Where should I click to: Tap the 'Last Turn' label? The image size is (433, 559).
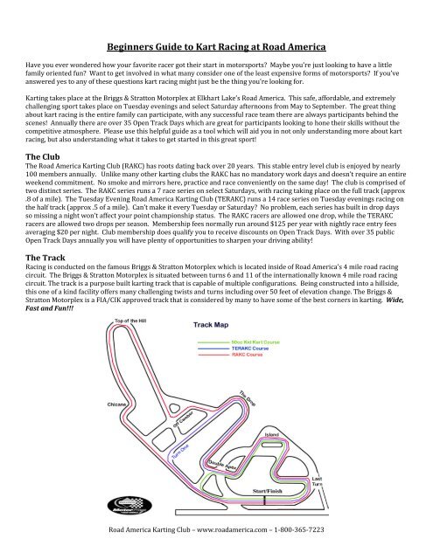tap(318, 482)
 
